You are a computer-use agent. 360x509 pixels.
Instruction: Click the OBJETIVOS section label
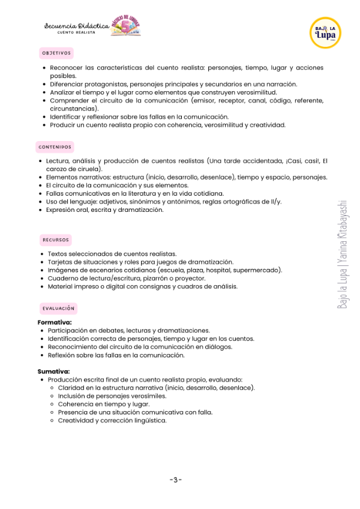[56, 53]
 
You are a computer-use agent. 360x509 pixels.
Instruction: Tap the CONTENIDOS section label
[55, 146]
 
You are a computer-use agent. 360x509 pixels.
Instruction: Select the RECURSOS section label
[56, 239]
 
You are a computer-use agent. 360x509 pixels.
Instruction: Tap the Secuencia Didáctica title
[76, 26]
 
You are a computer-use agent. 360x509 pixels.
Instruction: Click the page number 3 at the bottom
[176, 480]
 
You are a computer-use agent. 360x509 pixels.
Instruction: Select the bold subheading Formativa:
[55, 322]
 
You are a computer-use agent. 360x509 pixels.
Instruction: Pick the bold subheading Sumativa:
[53, 372]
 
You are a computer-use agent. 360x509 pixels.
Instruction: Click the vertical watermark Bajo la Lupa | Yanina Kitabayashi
[343, 255]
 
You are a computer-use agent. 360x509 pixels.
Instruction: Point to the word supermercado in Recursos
[259, 270]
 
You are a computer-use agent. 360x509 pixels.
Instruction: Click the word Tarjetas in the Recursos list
[61, 262]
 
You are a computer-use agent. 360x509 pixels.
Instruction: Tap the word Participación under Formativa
[69, 331]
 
